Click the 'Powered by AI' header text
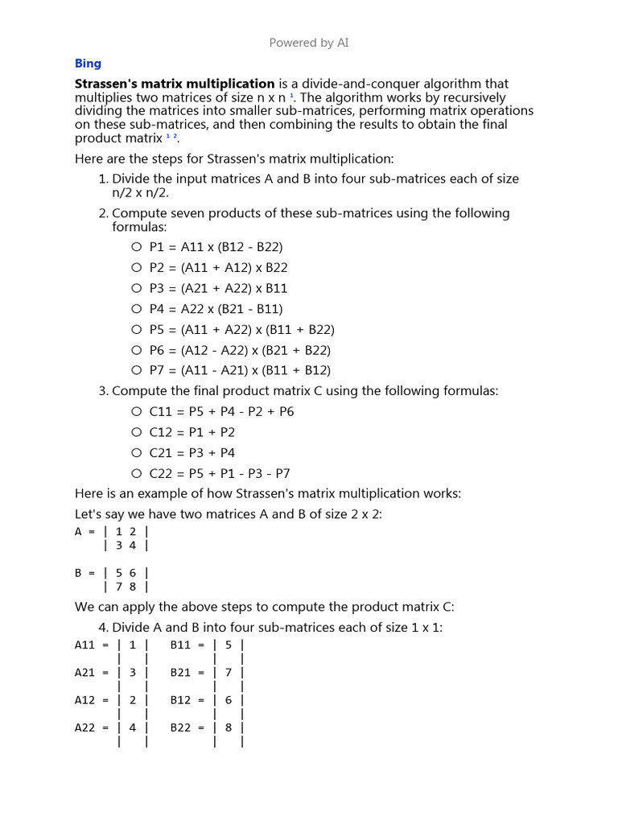(309, 43)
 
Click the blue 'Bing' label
(88, 64)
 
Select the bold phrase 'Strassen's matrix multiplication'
(175, 84)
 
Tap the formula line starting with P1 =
(216, 247)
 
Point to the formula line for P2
(218, 268)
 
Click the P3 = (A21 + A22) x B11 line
(218, 288)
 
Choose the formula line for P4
(216, 309)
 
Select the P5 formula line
(241, 329)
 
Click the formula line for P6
(240, 350)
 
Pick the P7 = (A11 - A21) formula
(240, 370)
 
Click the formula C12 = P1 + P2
(192, 432)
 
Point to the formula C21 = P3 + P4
(192, 452)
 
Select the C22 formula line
(220, 473)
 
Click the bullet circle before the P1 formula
(137, 247)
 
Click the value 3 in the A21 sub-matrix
(133, 673)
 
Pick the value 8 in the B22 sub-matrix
(229, 727)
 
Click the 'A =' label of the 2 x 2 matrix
(84, 531)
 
